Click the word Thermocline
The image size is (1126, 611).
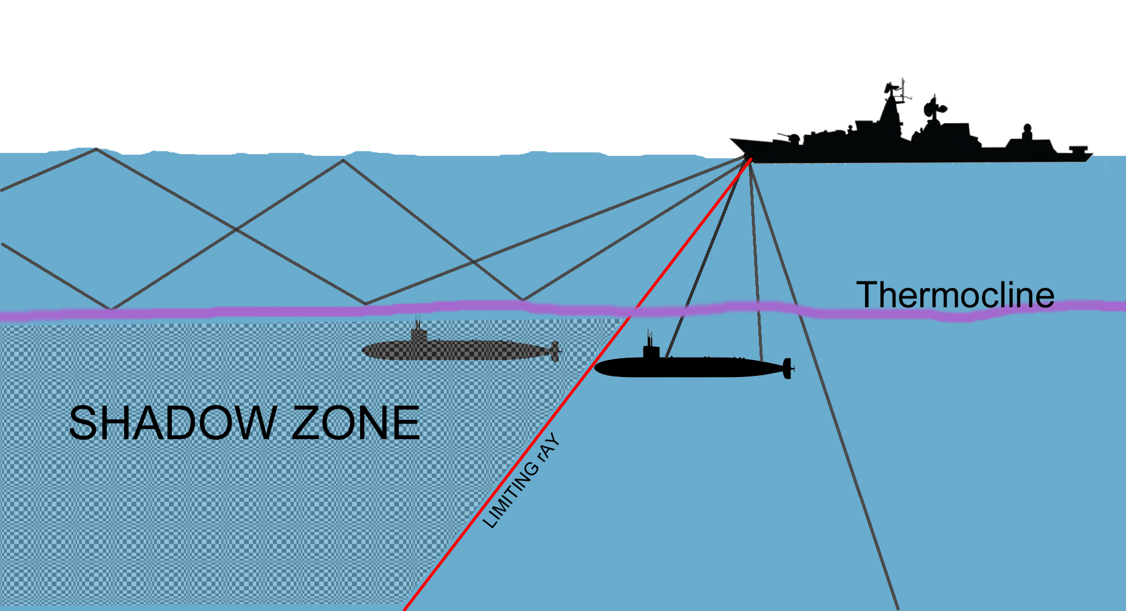pos(955,295)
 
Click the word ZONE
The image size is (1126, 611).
pos(355,423)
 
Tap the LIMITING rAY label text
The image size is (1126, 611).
pos(521,481)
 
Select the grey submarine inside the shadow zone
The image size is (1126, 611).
pos(457,351)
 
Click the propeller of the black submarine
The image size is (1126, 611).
pos(788,368)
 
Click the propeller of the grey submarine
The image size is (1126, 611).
pos(555,351)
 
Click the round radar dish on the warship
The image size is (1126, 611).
pos(931,108)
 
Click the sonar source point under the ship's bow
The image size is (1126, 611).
pos(748,158)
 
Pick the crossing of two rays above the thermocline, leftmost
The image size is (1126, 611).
pos(236,229)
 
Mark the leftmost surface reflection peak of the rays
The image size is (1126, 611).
pos(96,150)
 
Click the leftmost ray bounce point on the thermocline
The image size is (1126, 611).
pos(110,308)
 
